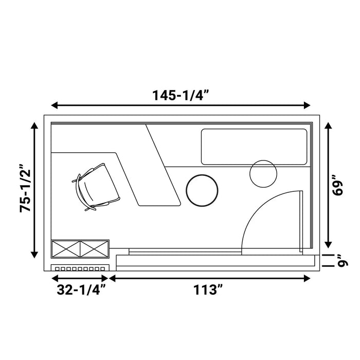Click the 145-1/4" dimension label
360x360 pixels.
tap(181, 95)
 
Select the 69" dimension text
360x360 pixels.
tap(338, 185)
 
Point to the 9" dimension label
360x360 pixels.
tap(343, 260)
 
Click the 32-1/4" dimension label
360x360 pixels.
tap(81, 290)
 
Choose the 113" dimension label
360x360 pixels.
tap(208, 290)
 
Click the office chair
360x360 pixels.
tap(96, 187)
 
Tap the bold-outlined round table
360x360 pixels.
tap(202, 190)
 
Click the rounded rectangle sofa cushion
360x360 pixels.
tap(254, 147)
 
